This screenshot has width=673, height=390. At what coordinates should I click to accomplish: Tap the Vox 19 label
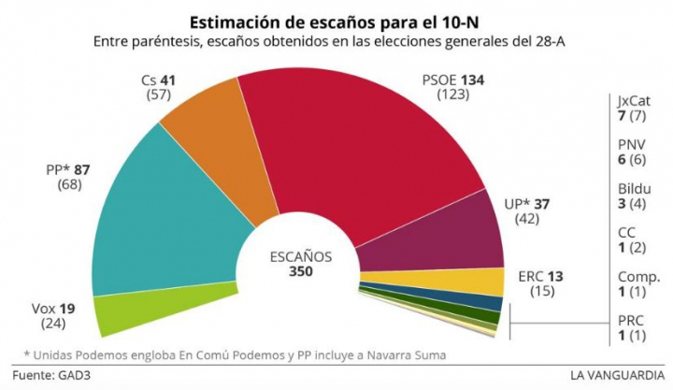[43, 308]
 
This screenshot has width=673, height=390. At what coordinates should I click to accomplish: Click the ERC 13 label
[540, 277]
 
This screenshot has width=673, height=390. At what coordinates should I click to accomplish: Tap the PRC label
[632, 321]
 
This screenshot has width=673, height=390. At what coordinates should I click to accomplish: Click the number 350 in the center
[300, 271]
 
